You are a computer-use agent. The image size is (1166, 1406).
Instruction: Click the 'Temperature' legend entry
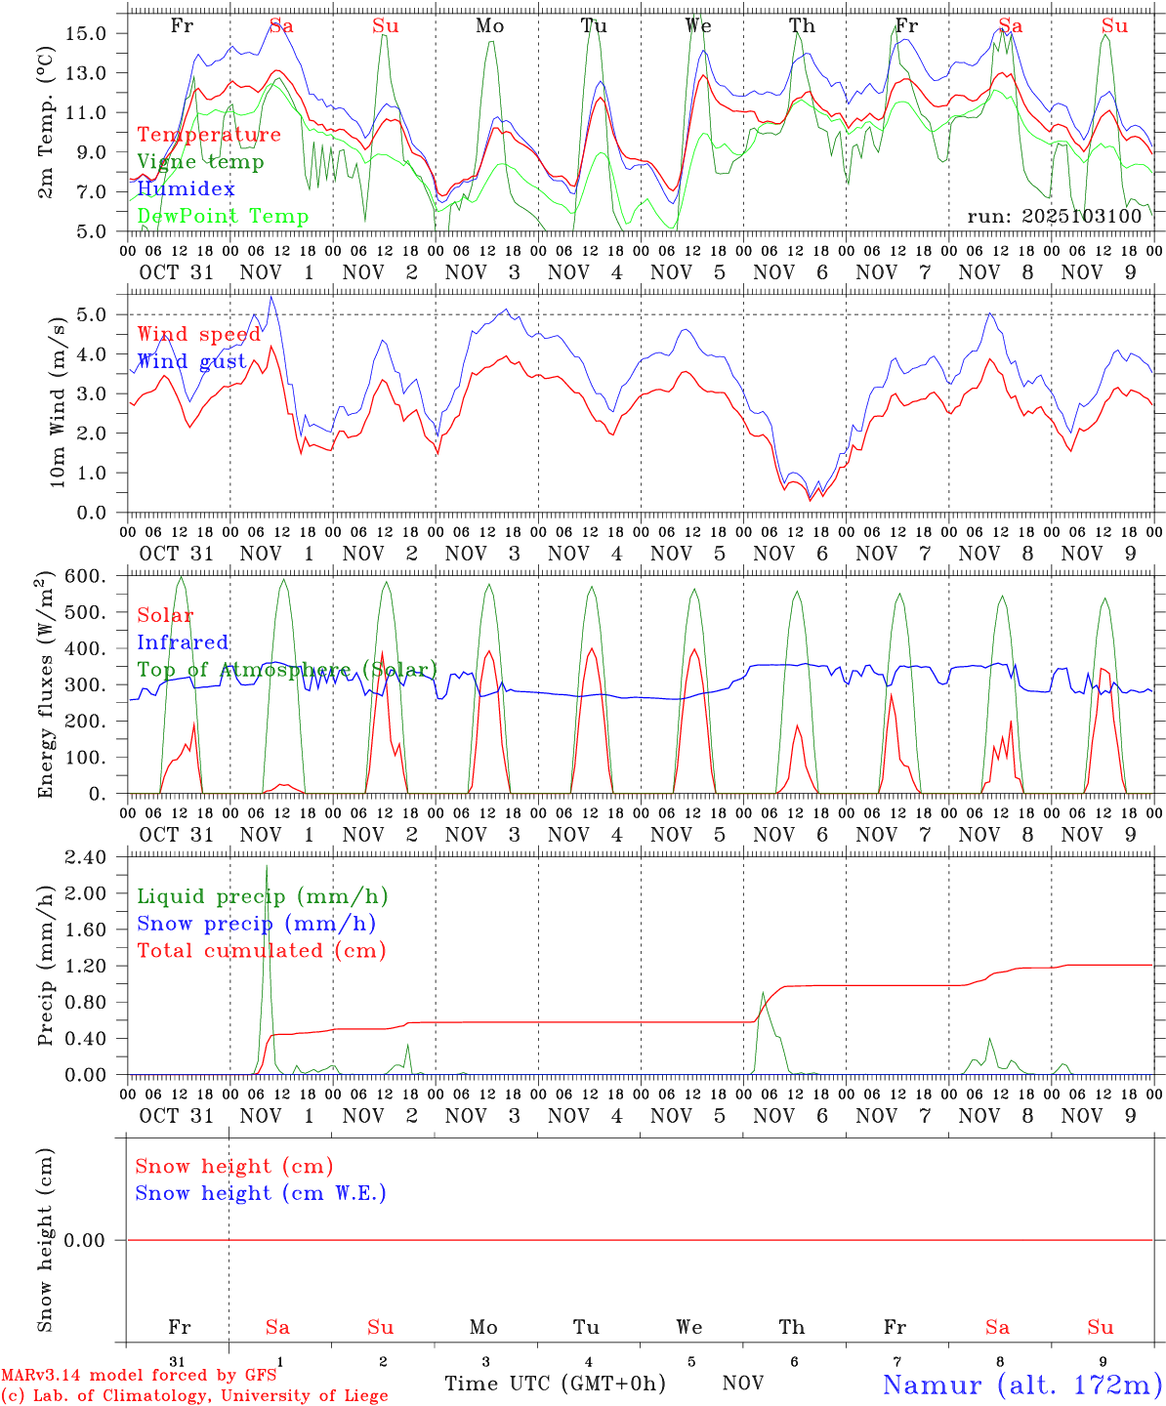[x=209, y=135]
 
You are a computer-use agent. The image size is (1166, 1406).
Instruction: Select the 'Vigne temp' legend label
[x=200, y=162]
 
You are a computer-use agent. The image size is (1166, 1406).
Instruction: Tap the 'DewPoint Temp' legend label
[x=223, y=217]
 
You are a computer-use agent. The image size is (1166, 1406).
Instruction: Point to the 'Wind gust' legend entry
[x=191, y=362]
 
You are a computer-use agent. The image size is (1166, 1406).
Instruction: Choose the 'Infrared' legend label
[x=183, y=642]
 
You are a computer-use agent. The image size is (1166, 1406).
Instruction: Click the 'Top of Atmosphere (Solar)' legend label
[x=287, y=670]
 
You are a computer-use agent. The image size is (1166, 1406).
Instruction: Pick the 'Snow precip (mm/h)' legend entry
[x=256, y=924]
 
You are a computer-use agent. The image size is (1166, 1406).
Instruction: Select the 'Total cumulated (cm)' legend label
[x=262, y=951]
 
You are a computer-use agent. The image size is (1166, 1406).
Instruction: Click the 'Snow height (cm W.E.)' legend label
[x=261, y=1193]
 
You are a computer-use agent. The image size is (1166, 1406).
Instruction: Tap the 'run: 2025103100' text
[x=1054, y=217]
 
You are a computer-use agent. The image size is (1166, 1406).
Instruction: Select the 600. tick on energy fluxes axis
[x=86, y=577]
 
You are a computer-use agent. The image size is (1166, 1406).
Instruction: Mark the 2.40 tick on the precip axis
[x=85, y=857]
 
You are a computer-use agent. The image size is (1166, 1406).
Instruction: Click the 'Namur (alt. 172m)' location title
[x=1021, y=1385]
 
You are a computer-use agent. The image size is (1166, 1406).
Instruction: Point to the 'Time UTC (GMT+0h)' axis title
[x=555, y=1384]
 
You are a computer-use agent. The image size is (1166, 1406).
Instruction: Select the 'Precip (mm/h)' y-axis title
[x=46, y=966]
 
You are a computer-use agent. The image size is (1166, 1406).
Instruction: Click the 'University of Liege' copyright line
[x=194, y=1396]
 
